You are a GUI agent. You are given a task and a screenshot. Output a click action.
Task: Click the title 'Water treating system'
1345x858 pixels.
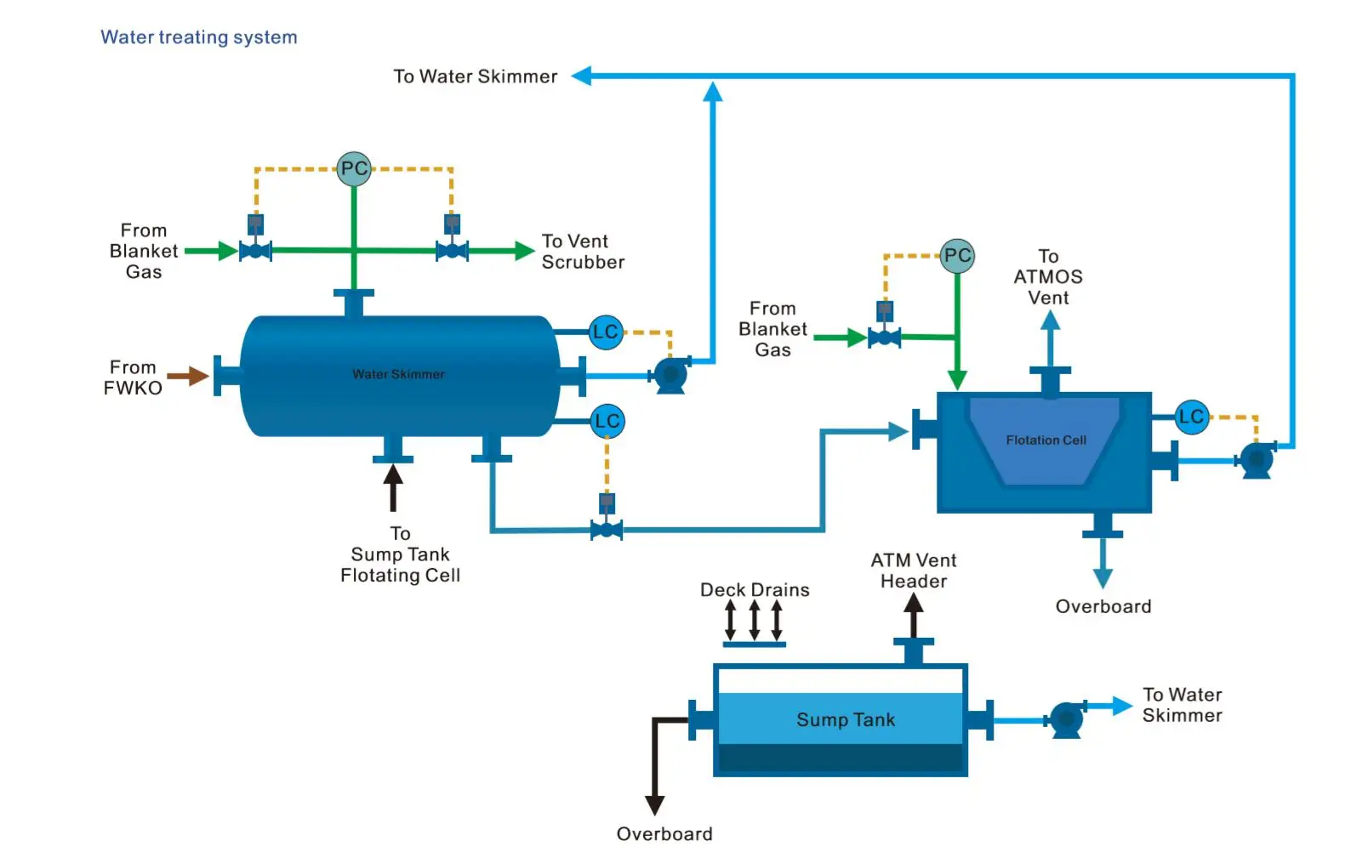pos(199,37)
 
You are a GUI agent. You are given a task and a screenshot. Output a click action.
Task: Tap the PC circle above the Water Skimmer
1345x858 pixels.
pos(354,168)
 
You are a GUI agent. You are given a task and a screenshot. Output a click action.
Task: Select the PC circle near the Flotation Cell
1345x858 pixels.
pos(957,255)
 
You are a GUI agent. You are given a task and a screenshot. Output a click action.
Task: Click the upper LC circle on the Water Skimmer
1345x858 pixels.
pos(606,332)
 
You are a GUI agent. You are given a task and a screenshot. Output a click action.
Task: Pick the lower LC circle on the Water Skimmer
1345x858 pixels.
pos(607,421)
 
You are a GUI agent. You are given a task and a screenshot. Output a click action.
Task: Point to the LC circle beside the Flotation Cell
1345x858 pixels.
pos(1191,417)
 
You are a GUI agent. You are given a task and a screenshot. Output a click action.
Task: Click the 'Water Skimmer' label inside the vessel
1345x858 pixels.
pos(398,374)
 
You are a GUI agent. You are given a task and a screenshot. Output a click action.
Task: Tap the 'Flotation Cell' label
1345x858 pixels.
pos(1046,440)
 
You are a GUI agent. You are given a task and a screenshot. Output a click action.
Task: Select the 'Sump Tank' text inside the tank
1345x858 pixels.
pos(846,719)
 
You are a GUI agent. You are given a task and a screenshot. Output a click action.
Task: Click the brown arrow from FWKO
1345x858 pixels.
pos(188,375)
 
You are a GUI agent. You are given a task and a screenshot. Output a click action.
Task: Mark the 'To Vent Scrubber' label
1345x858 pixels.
pos(583,252)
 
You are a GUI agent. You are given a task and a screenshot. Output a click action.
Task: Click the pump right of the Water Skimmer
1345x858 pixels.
pos(670,374)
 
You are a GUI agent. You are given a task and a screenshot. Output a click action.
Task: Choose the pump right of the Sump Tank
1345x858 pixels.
pos(1067,719)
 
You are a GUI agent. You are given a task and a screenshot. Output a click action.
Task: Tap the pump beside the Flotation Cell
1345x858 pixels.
pos(1257,460)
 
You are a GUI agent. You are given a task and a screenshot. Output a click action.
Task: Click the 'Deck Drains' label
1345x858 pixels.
pos(755,589)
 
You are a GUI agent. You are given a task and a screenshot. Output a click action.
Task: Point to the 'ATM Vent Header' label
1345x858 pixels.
pos(914,571)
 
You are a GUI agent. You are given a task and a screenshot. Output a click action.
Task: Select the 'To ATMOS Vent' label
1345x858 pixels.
pos(1048,277)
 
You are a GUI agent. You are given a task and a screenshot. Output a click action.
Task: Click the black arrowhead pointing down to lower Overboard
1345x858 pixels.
pos(654,804)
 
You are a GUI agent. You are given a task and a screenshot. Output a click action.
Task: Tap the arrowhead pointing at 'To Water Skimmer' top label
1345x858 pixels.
pos(582,77)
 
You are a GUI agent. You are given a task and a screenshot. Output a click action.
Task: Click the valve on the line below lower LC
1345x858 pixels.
pos(607,531)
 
